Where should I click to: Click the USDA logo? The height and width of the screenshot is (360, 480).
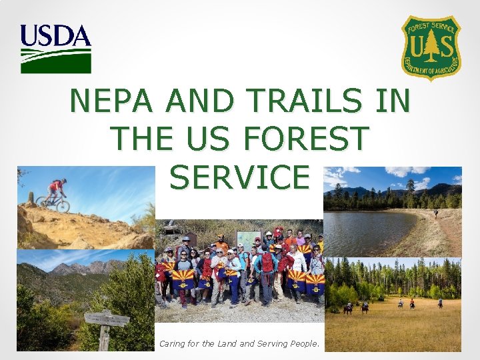(55, 49)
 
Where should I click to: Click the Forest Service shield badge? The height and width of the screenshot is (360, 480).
(431, 47)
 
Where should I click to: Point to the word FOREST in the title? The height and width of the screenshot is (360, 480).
(306, 139)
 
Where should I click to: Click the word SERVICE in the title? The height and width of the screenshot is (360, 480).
(239, 177)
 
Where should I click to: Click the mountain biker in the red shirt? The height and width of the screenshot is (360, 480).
(56, 189)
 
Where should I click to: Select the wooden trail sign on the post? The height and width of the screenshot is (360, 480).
(107, 319)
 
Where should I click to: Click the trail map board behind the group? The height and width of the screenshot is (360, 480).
(248, 240)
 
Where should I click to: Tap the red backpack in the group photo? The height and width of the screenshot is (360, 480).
(267, 263)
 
